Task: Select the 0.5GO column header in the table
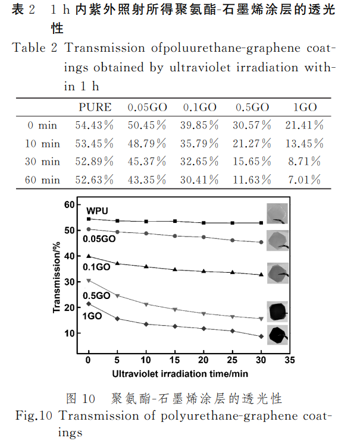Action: click(253, 107)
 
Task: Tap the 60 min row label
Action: click(42, 180)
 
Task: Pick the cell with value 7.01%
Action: click(308, 180)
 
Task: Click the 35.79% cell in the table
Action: click(201, 143)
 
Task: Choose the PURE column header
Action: click(95, 107)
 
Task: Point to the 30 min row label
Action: click(42, 162)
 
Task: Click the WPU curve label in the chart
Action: click(96, 211)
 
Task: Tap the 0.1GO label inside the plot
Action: click(98, 267)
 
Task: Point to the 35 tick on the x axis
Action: click(290, 360)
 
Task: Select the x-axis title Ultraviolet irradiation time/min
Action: click(180, 373)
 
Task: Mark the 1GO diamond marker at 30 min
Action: click(261, 336)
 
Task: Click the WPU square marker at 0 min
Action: click(89, 219)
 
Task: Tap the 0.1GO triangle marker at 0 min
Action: click(89, 256)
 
